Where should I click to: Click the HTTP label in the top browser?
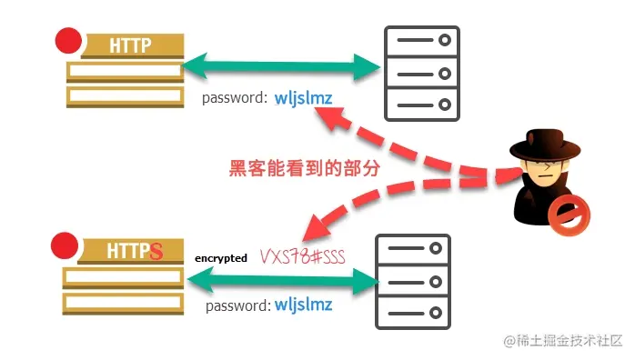point(130,45)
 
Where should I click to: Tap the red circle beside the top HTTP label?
point(68,41)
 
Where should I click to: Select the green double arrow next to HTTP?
point(283,65)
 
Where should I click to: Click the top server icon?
point(421,72)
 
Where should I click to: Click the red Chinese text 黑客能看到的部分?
point(303,168)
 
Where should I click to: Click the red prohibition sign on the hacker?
point(570,215)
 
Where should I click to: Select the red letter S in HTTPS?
point(156,251)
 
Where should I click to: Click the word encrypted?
point(220,258)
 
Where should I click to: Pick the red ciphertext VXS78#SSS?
point(304,255)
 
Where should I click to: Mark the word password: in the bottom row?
point(238,305)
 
